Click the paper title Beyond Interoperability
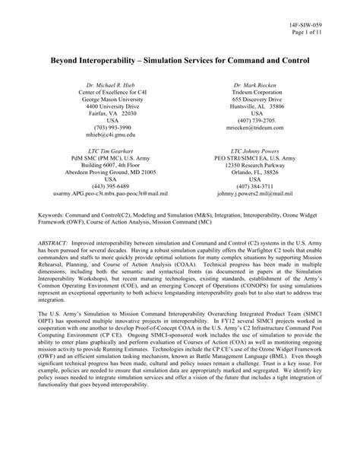[180, 58]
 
